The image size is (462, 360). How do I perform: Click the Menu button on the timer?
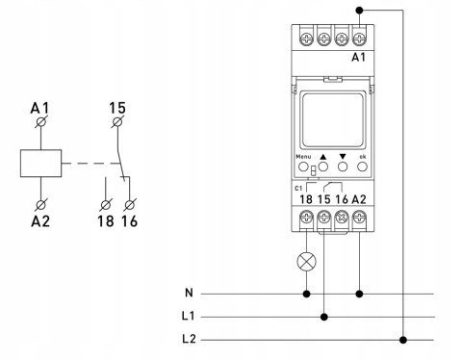tap(303, 167)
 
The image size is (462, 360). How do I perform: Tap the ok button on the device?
tap(362, 167)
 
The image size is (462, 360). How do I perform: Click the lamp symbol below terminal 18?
tap(307, 262)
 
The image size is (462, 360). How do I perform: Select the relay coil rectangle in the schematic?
tap(40, 163)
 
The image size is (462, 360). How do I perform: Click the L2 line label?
tap(189, 339)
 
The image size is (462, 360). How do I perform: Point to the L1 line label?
tap(189, 316)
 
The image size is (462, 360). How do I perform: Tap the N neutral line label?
tap(190, 293)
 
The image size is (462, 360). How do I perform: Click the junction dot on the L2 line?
tap(403, 340)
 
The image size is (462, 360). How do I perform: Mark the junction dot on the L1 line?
tap(324, 317)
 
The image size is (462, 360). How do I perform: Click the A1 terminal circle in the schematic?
tap(41, 122)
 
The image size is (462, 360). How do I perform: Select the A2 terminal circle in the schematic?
tap(41, 205)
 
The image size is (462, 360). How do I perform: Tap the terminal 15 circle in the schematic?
tap(117, 122)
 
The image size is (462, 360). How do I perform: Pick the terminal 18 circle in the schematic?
tap(106, 205)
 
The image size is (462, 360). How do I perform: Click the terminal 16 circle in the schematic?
tap(130, 205)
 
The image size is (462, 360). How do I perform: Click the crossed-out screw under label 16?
tap(342, 218)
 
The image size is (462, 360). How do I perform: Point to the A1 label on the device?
tap(359, 58)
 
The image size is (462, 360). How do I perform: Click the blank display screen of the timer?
tap(332, 120)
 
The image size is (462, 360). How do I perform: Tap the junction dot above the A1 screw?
tap(359, 11)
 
